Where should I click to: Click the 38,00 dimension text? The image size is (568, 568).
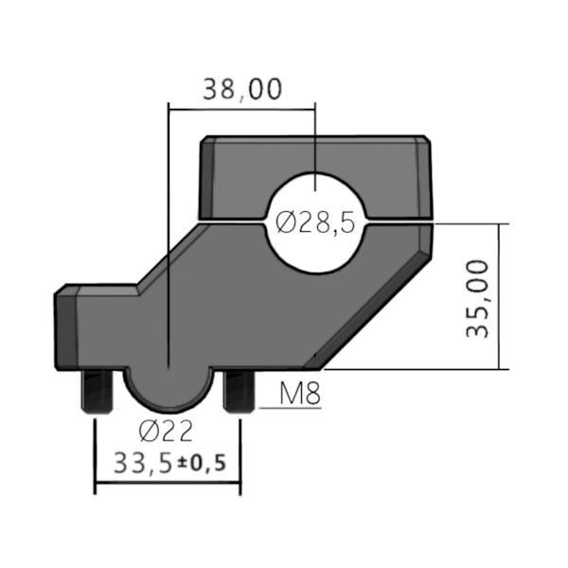point(241,90)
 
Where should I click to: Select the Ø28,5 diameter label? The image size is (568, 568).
point(315,223)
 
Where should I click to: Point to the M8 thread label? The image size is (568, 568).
point(301,393)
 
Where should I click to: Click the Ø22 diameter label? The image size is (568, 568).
point(165,432)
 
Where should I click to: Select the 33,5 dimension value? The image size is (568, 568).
point(142,464)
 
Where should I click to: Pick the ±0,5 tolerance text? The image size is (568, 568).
point(206,465)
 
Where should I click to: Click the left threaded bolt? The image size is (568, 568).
point(98,390)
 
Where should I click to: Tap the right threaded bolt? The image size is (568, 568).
point(238,390)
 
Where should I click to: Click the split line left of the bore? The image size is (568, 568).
point(232,224)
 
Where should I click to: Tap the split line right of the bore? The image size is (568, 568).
point(398,224)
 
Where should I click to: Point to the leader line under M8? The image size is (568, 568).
point(289,408)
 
